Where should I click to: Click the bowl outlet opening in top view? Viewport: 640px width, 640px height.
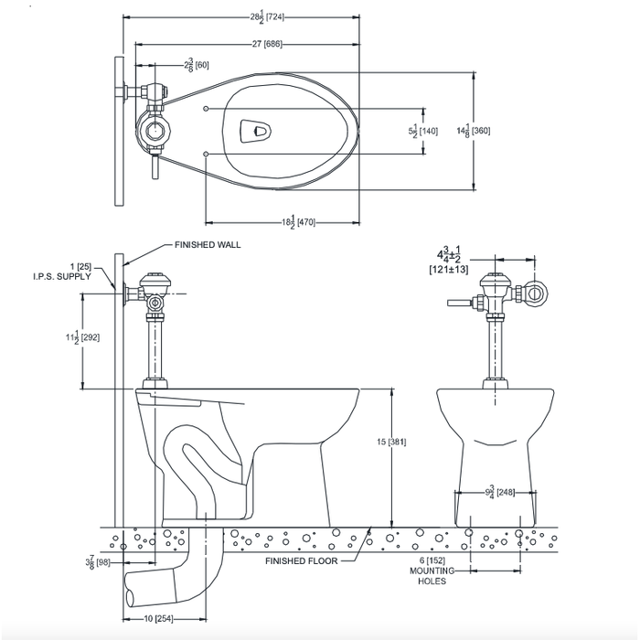255,132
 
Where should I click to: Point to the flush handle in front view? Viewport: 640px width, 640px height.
457,303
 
